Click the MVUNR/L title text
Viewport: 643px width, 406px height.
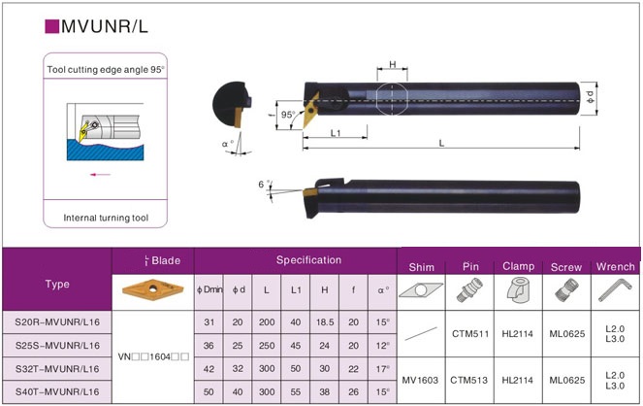tap(105, 26)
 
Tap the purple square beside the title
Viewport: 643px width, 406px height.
tap(52, 26)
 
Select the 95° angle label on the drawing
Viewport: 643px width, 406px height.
tap(288, 115)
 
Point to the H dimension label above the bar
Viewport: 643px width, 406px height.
tap(393, 64)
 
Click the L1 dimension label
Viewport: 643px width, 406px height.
tap(336, 133)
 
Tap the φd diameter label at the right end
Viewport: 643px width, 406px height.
tap(590, 97)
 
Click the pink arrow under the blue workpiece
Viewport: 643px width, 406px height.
tap(101, 175)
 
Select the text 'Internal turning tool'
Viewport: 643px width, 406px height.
tap(106, 218)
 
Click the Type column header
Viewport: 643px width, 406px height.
tap(57, 284)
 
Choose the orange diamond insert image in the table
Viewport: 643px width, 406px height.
tap(152, 289)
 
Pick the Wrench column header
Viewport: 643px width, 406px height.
tap(616, 267)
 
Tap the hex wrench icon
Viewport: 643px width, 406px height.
tap(615, 289)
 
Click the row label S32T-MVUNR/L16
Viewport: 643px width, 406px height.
tap(57, 369)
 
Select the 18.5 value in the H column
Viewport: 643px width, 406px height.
tap(325, 322)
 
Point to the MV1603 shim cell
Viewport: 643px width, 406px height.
tap(420, 381)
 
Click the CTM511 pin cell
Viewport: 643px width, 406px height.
tap(470, 334)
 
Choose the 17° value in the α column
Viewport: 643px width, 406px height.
tap(383, 369)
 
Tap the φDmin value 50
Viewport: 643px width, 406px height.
tap(209, 392)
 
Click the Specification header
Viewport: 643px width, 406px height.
tap(308, 260)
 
